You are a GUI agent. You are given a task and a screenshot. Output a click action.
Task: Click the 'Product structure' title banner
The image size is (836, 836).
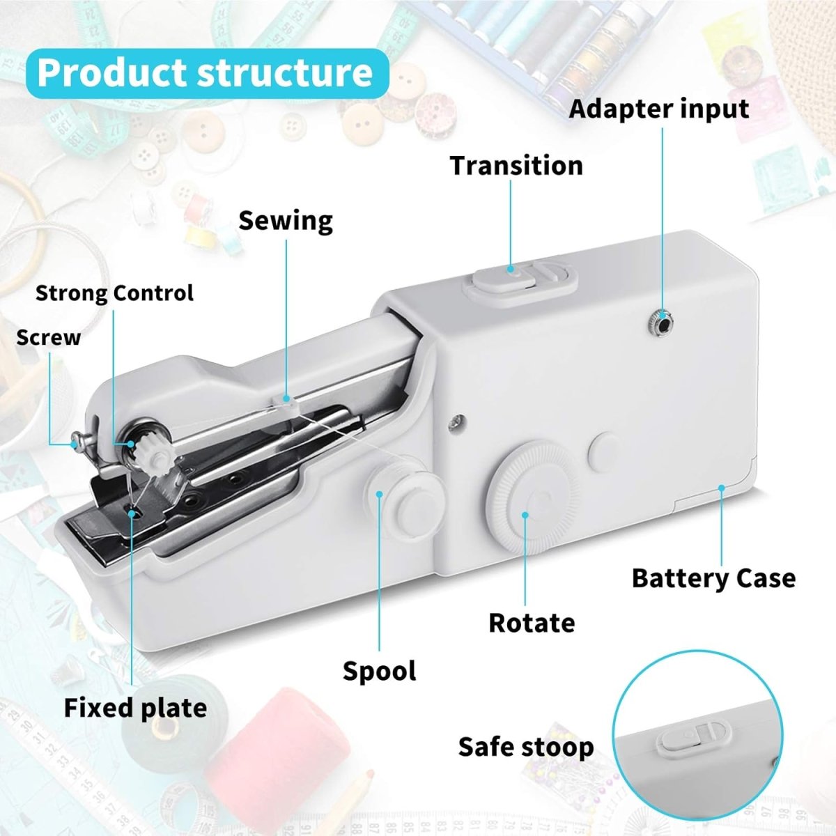point(208,73)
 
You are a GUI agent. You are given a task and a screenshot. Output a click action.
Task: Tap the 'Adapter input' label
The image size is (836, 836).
point(658,109)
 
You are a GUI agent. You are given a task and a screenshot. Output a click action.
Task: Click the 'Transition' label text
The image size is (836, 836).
point(516,166)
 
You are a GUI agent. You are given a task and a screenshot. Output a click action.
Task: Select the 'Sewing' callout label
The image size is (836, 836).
point(286,222)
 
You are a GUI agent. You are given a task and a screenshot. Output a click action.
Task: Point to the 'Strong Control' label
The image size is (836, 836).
point(114,293)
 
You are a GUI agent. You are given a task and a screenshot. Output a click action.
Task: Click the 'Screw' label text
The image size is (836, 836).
point(49,338)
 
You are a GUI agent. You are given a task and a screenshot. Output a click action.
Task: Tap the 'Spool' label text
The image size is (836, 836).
point(379,671)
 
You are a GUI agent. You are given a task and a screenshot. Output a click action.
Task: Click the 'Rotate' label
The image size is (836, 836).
point(532,623)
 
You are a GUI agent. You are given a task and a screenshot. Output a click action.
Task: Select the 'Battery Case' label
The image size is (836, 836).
point(713,578)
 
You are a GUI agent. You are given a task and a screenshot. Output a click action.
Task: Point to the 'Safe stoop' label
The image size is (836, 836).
point(526,747)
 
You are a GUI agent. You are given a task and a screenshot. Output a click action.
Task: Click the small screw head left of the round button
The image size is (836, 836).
point(457,420)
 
